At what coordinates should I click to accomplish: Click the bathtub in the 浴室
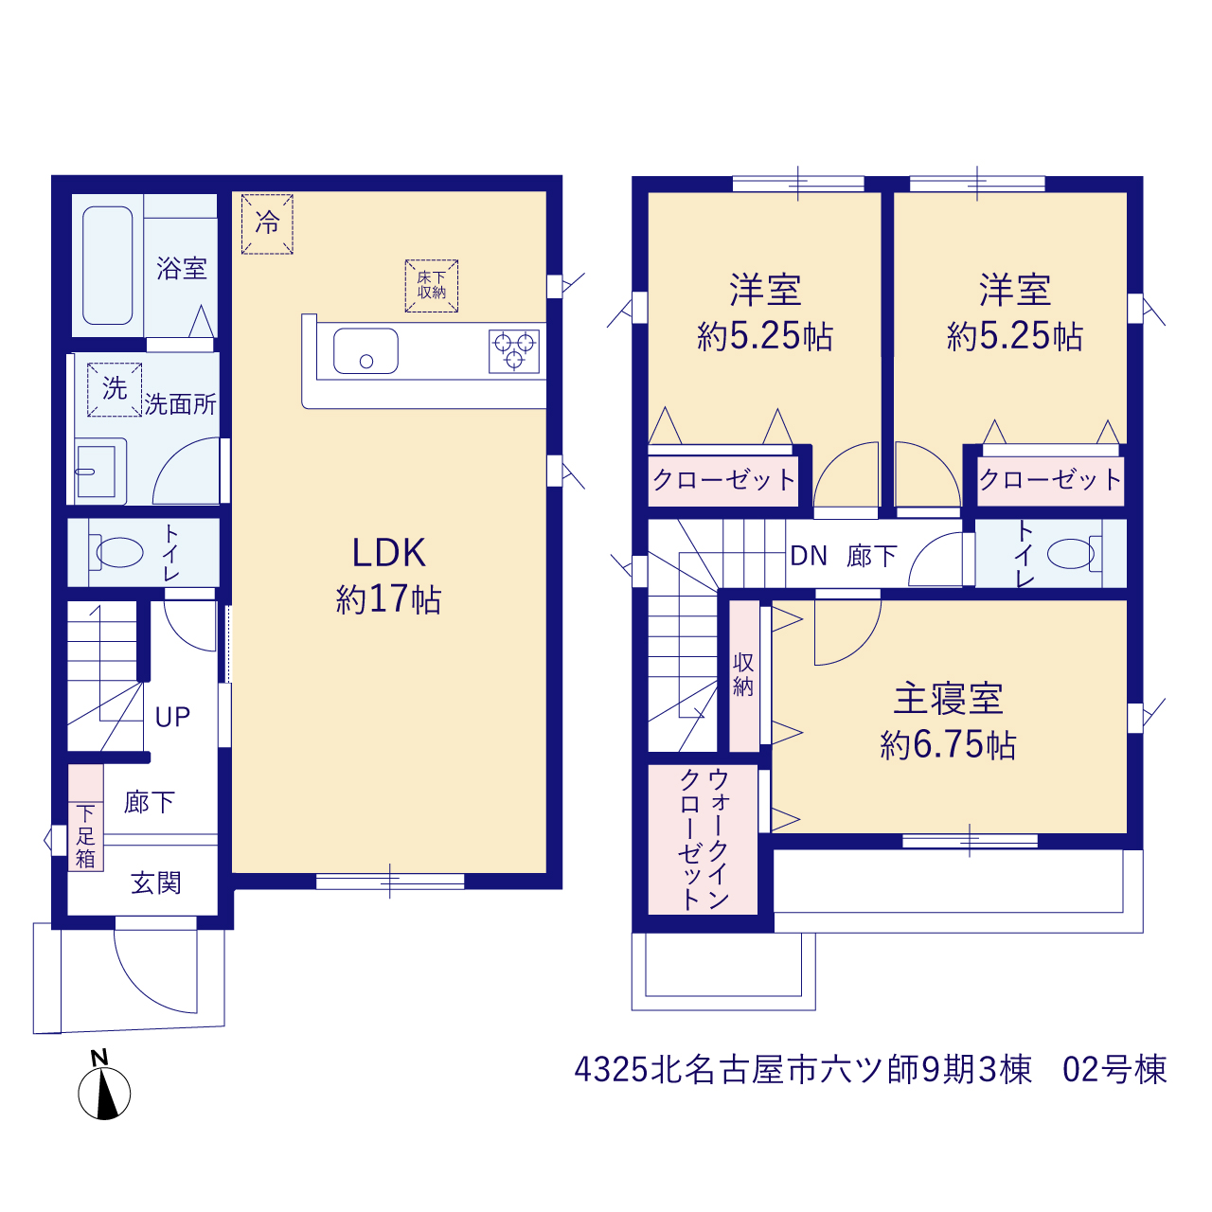[108, 265]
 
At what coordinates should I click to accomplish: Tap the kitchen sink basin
[365, 351]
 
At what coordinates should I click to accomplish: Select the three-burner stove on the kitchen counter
[514, 351]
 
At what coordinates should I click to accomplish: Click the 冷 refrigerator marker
[267, 223]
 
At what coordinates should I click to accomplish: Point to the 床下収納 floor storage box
[432, 286]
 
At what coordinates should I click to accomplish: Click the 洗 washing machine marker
[115, 389]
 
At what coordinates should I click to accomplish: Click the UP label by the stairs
[172, 717]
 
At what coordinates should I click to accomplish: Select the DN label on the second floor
[809, 556]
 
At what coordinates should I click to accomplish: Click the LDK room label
[389, 553]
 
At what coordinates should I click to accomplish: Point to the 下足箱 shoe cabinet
[85, 818]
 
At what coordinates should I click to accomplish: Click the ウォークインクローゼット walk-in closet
[703, 840]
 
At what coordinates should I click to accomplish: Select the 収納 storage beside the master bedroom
[744, 676]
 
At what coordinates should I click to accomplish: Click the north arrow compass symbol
[104, 1093]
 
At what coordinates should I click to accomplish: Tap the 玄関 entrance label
[156, 883]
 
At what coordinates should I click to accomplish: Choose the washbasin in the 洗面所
[100, 472]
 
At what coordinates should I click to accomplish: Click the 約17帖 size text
[389, 598]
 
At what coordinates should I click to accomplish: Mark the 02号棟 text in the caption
[1114, 1070]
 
